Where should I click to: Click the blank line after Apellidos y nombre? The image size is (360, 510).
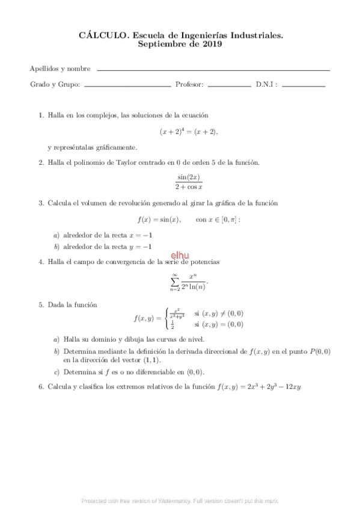click(x=213, y=70)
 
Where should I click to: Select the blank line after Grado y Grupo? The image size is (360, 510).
click(x=127, y=87)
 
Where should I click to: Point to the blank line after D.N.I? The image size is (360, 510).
click(x=303, y=87)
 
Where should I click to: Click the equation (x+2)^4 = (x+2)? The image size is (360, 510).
click(x=189, y=131)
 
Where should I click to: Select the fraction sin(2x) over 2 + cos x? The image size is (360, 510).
click(x=189, y=182)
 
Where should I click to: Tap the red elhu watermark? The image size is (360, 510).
click(x=180, y=256)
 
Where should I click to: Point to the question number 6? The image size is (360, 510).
click(x=41, y=386)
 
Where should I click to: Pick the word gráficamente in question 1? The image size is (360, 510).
click(x=116, y=147)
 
